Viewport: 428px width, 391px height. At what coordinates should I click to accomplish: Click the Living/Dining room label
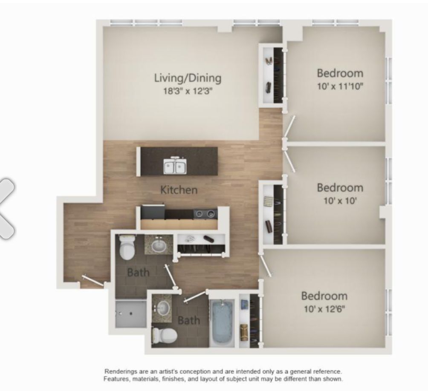(x=188, y=78)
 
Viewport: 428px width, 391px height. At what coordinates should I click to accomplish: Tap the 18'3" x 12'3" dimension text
(x=188, y=91)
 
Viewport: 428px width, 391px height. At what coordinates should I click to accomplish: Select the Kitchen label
(x=179, y=190)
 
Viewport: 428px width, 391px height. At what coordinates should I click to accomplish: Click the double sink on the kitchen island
(x=175, y=165)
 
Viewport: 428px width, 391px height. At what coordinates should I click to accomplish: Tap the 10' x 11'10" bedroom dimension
(x=340, y=86)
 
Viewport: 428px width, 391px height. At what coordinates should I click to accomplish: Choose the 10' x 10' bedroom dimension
(x=340, y=201)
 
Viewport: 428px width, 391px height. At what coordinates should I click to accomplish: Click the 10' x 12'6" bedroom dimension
(x=324, y=309)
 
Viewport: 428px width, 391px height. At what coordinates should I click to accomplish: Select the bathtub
(x=223, y=323)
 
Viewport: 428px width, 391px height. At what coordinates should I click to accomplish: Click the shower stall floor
(x=130, y=314)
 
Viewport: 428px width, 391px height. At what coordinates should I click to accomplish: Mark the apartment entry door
(x=93, y=281)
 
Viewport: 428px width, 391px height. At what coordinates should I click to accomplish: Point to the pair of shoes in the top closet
(x=269, y=61)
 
